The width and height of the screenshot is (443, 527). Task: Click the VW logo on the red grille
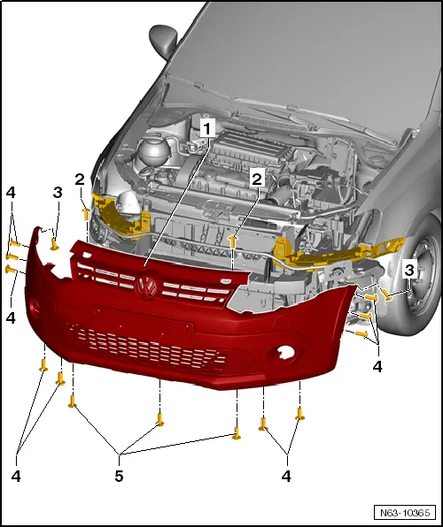[146, 285]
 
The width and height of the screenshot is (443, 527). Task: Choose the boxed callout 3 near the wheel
[409, 269]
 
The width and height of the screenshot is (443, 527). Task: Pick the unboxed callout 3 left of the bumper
[57, 192]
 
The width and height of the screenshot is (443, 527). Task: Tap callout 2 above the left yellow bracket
[80, 179]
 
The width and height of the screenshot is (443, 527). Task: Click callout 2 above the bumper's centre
[257, 179]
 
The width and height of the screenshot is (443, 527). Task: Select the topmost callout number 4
[11, 192]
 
